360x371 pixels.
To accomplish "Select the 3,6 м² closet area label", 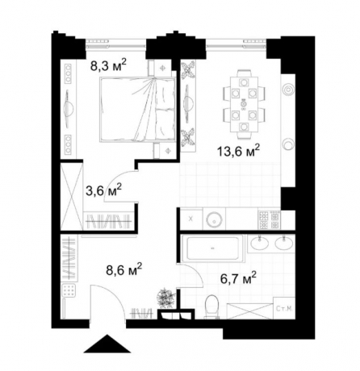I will tap(103, 190).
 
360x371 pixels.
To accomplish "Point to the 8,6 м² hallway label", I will tap(123, 268).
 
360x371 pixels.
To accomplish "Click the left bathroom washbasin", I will tap(260, 244).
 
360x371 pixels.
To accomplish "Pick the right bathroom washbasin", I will tap(283, 244).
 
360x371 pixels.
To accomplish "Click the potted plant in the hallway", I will tap(165, 297).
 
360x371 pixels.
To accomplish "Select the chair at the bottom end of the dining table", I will tap(242, 128).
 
